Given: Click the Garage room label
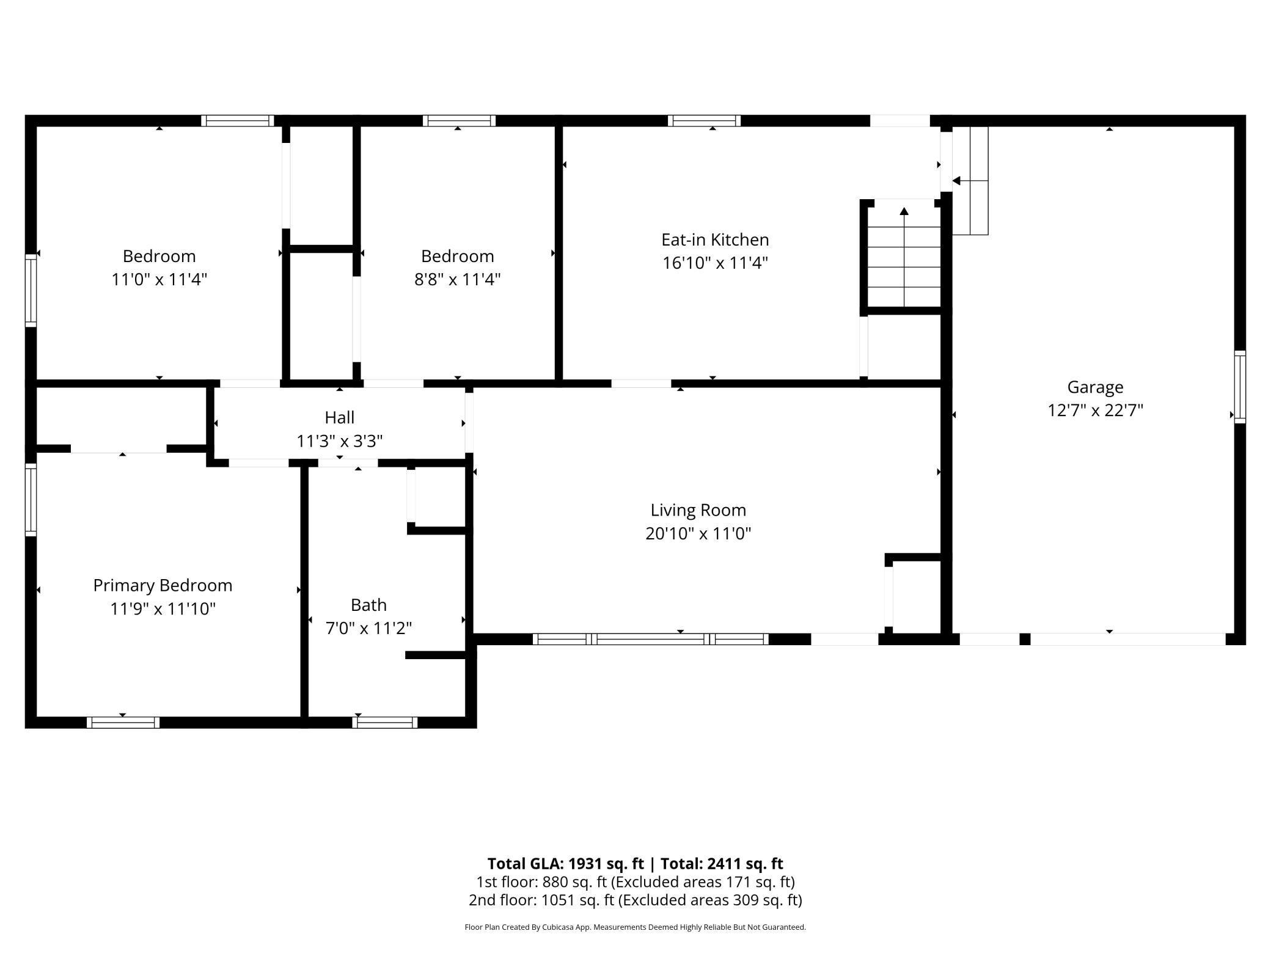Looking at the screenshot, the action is pyautogui.click(x=1095, y=387).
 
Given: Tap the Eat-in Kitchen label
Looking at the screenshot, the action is pyautogui.click(x=715, y=239).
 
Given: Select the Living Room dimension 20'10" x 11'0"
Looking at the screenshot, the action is pyautogui.click(x=698, y=533).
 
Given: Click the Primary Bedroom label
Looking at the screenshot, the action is pyautogui.click(x=163, y=585).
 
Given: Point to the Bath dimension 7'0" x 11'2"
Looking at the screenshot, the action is pyautogui.click(x=368, y=628).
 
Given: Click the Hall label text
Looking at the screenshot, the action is pyautogui.click(x=339, y=417).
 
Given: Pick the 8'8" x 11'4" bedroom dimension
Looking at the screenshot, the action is pyautogui.click(x=457, y=279).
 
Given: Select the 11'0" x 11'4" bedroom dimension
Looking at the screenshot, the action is pyautogui.click(x=159, y=279).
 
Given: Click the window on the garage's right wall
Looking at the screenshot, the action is pyautogui.click(x=1240, y=387).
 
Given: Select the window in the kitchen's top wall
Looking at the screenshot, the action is pyautogui.click(x=704, y=120).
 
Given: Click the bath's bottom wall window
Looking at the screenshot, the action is pyautogui.click(x=385, y=722).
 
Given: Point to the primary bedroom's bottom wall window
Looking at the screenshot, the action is pyautogui.click(x=123, y=722).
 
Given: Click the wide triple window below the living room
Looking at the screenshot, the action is pyautogui.click(x=651, y=639).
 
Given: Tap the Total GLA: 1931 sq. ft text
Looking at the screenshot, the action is pyautogui.click(x=566, y=863).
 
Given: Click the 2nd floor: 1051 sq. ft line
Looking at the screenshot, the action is pyautogui.click(x=635, y=900).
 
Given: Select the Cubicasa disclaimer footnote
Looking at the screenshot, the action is pyautogui.click(x=635, y=927).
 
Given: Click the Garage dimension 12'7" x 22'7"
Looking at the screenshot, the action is pyautogui.click(x=1095, y=410).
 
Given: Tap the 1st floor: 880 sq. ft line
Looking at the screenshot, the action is pyautogui.click(x=635, y=882).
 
